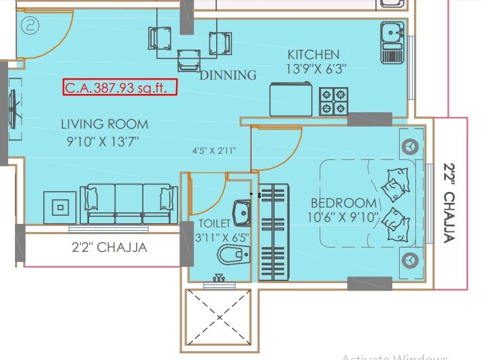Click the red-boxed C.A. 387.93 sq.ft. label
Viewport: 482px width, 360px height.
coord(120,88)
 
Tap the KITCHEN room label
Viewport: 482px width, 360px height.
coord(313,54)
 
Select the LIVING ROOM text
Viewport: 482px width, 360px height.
coord(104,124)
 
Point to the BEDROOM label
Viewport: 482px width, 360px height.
coord(343,203)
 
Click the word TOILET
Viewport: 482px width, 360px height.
coord(215,223)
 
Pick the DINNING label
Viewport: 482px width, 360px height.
coord(228,75)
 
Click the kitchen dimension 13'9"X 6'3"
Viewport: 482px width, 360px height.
coord(313,69)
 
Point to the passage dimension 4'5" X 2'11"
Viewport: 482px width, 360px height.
coord(213,151)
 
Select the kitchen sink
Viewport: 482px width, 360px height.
coord(392,32)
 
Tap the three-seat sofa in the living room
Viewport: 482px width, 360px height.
coord(129,203)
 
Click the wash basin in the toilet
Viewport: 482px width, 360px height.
coord(242,214)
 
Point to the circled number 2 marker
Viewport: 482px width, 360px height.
coord(30,27)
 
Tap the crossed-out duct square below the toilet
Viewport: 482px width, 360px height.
coord(219,316)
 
